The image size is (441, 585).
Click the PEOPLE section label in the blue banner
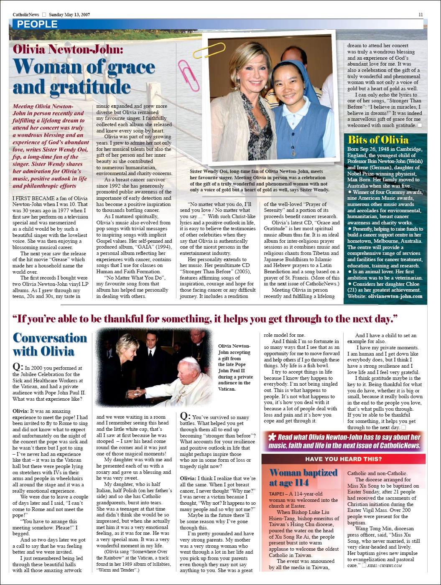pyautogui.click(x=37, y=24)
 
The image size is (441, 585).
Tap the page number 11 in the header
pyautogui.click(x=421, y=15)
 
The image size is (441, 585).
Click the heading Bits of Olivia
pyautogui.click(x=378, y=140)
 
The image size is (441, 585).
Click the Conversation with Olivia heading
pyautogui.click(x=50, y=344)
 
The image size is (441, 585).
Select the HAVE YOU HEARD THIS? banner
pyautogui.click(x=343, y=459)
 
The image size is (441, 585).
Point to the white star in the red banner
pyautogui.click(x=272, y=437)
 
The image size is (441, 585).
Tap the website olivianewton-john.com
pyautogui.click(x=395, y=296)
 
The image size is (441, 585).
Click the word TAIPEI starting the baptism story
pyautogui.click(x=278, y=493)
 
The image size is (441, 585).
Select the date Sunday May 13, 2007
pyautogui.click(x=69, y=15)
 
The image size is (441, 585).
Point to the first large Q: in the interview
pyautogui.click(x=18, y=367)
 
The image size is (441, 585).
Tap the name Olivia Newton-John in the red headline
pyautogui.click(x=68, y=49)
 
